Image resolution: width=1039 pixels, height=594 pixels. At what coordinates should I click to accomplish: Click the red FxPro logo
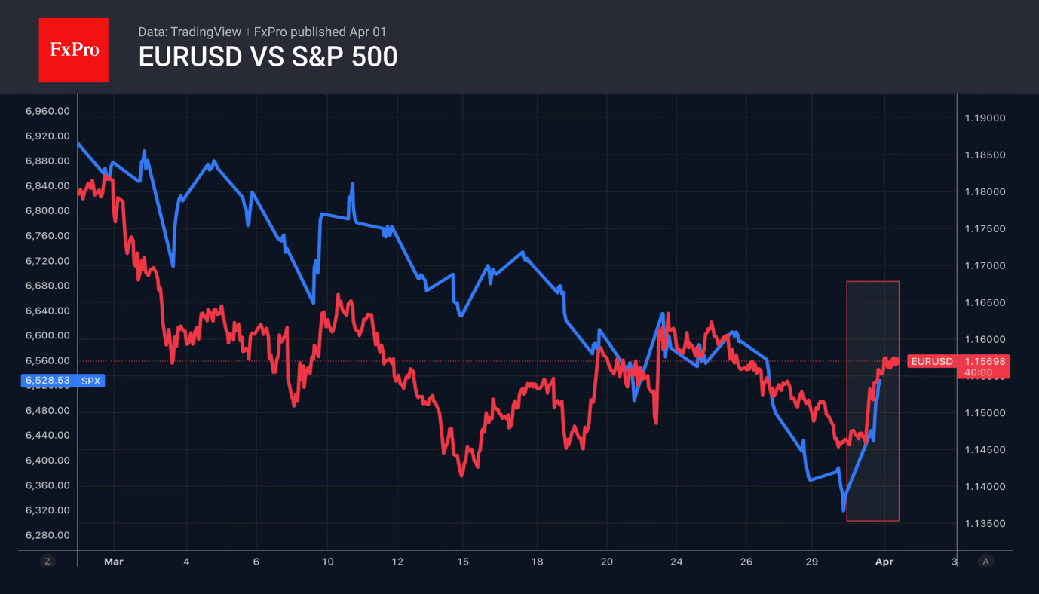point(73,50)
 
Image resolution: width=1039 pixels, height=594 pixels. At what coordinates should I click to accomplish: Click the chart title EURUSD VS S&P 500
point(268,57)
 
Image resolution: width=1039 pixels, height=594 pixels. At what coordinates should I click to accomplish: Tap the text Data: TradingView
point(189,32)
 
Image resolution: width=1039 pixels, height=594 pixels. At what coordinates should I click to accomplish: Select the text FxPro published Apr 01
point(320,32)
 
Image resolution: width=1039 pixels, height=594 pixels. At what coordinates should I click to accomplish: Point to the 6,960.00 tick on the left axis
point(48,111)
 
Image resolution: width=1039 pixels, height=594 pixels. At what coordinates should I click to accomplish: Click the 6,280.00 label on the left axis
point(48,535)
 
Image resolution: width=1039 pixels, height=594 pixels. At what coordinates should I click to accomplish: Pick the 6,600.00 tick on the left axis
point(48,335)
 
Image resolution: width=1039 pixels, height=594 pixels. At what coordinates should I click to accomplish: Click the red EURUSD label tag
point(932,361)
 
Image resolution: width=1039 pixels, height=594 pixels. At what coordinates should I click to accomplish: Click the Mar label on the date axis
point(114,562)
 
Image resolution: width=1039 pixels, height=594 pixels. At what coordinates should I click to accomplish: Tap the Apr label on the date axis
point(884,562)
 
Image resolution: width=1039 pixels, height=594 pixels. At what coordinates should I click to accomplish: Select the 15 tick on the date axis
point(462,562)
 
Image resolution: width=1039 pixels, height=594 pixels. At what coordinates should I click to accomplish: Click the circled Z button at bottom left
point(48,561)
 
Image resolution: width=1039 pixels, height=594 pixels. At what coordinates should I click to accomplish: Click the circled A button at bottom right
point(985,561)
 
